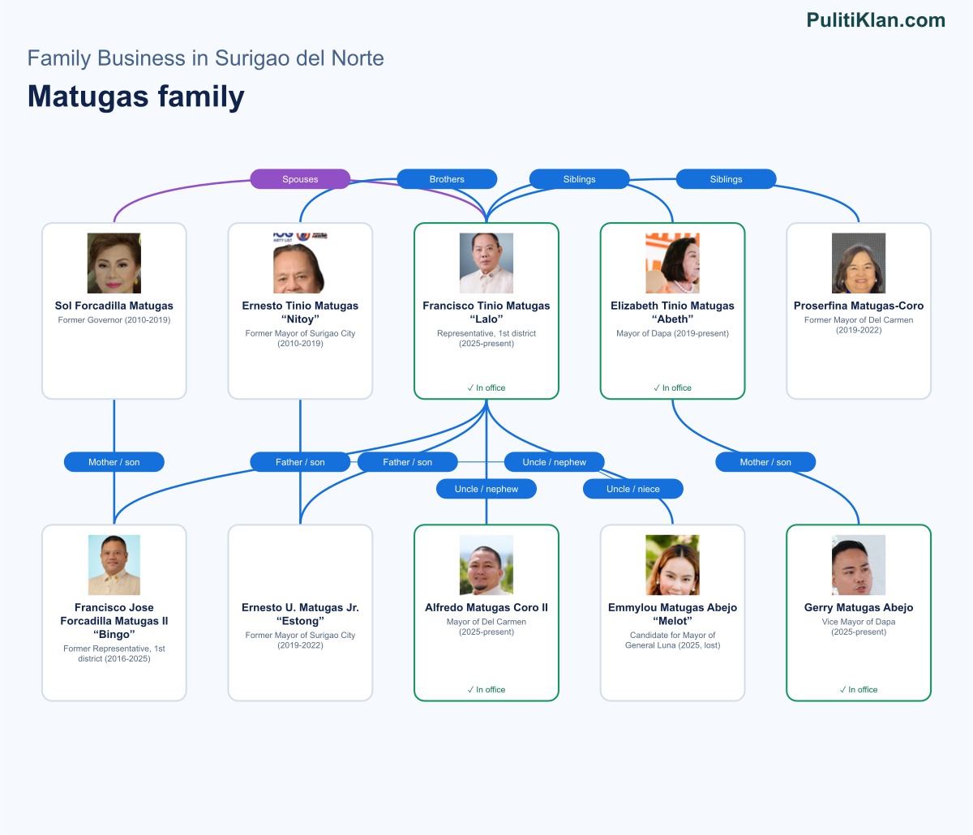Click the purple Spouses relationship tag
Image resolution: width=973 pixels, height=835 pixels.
(x=300, y=179)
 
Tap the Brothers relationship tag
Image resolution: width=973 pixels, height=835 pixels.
(x=447, y=179)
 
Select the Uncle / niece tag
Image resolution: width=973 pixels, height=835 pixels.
(x=632, y=489)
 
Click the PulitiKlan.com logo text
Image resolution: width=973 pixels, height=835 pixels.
(x=876, y=20)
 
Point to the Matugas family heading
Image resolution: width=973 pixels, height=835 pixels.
(x=136, y=96)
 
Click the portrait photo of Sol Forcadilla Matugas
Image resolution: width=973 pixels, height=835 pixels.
(x=114, y=263)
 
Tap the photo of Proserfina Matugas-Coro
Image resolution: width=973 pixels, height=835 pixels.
(x=859, y=263)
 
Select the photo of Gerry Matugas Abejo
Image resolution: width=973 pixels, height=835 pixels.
(x=859, y=565)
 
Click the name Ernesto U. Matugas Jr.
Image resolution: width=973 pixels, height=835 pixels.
(x=300, y=607)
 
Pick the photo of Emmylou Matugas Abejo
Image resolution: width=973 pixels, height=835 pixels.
(x=672, y=565)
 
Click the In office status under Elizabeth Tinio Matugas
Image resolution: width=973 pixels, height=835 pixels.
(x=672, y=388)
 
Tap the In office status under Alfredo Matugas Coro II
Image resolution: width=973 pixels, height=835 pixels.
(x=486, y=690)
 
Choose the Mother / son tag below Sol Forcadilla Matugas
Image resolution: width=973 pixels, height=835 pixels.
(x=114, y=462)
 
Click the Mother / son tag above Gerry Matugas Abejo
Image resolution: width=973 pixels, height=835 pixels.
(x=765, y=462)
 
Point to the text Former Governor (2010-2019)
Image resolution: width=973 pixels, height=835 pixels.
(x=114, y=320)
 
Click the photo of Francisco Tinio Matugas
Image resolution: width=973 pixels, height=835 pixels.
(x=486, y=263)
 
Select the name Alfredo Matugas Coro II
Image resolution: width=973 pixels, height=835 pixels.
(x=486, y=607)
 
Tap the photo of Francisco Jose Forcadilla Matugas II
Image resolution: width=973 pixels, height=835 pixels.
(x=114, y=565)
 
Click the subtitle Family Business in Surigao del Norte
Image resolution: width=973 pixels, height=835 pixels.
(x=206, y=58)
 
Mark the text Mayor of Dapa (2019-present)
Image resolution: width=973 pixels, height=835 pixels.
(x=672, y=333)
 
